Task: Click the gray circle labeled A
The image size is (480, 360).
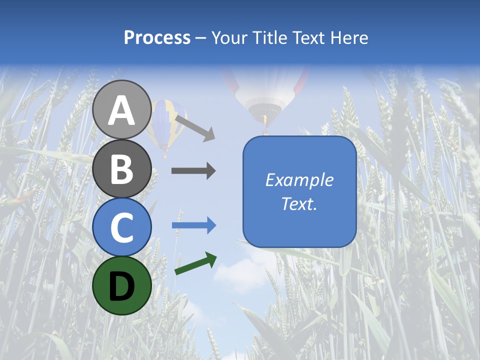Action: pos(121,109)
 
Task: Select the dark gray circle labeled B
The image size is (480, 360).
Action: pos(121,168)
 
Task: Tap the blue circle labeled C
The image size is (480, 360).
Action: pos(121,227)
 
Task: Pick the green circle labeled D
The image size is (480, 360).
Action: pos(121,286)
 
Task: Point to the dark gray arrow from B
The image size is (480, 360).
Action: pos(193,171)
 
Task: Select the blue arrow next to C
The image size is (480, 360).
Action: pos(193,225)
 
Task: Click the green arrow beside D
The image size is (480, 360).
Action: pos(195,264)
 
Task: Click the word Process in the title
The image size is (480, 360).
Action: pos(157,38)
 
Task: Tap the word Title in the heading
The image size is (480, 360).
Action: pos(269,38)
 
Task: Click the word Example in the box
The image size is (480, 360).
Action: pos(299,180)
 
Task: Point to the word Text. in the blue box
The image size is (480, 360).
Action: pos(299,203)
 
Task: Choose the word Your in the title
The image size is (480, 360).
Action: pos(229,38)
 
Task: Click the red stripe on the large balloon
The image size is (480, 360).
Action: pos(301,80)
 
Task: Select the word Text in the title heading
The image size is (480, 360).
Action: pos(308,38)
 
